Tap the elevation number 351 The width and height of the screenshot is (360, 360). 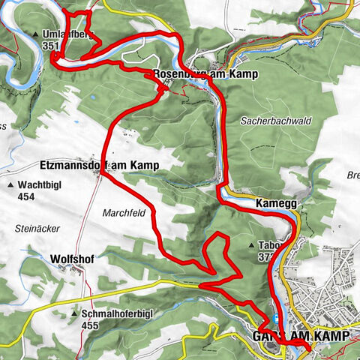pos(51,46)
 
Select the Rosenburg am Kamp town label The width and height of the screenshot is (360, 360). pos(194,74)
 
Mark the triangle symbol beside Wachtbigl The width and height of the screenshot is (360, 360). pos(10,185)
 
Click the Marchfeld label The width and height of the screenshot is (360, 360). pos(124,212)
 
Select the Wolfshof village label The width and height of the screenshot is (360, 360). pos(71,259)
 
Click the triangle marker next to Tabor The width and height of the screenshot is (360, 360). pos(251,245)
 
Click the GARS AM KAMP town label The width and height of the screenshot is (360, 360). pos(301,337)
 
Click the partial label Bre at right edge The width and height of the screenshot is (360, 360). pos(352,176)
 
